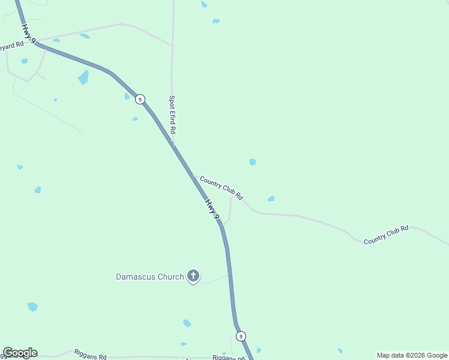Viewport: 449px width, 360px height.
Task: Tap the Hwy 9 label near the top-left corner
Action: (x=28, y=34)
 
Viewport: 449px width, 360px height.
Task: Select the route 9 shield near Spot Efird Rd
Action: (x=140, y=99)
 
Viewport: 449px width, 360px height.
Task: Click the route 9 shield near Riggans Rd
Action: (x=241, y=336)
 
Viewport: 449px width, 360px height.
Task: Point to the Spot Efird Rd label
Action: (x=172, y=115)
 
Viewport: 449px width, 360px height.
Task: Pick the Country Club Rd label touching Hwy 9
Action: (x=221, y=188)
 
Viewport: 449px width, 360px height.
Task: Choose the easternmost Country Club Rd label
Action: (x=386, y=234)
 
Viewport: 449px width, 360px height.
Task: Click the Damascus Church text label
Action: (x=149, y=277)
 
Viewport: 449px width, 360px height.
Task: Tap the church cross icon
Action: (x=193, y=276)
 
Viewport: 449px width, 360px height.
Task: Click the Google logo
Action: (x=20, y=353)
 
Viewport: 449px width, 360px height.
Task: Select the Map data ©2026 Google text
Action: (x=412, y=355)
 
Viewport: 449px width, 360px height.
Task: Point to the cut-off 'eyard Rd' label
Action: (x=11, y=45)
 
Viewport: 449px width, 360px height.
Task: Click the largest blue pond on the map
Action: (x=83, y=77)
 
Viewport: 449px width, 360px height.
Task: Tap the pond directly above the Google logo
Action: (x=32, y=307)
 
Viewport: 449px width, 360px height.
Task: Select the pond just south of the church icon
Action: (x=187, y=323)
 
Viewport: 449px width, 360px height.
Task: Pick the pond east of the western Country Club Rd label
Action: (x=271, y=199)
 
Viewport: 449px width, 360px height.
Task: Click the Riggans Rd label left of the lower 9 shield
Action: (x=228, y=358)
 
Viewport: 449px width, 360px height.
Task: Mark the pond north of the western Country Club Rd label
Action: (x=253, y=162)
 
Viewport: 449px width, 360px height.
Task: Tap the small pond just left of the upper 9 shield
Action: (x=127, y=96)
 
